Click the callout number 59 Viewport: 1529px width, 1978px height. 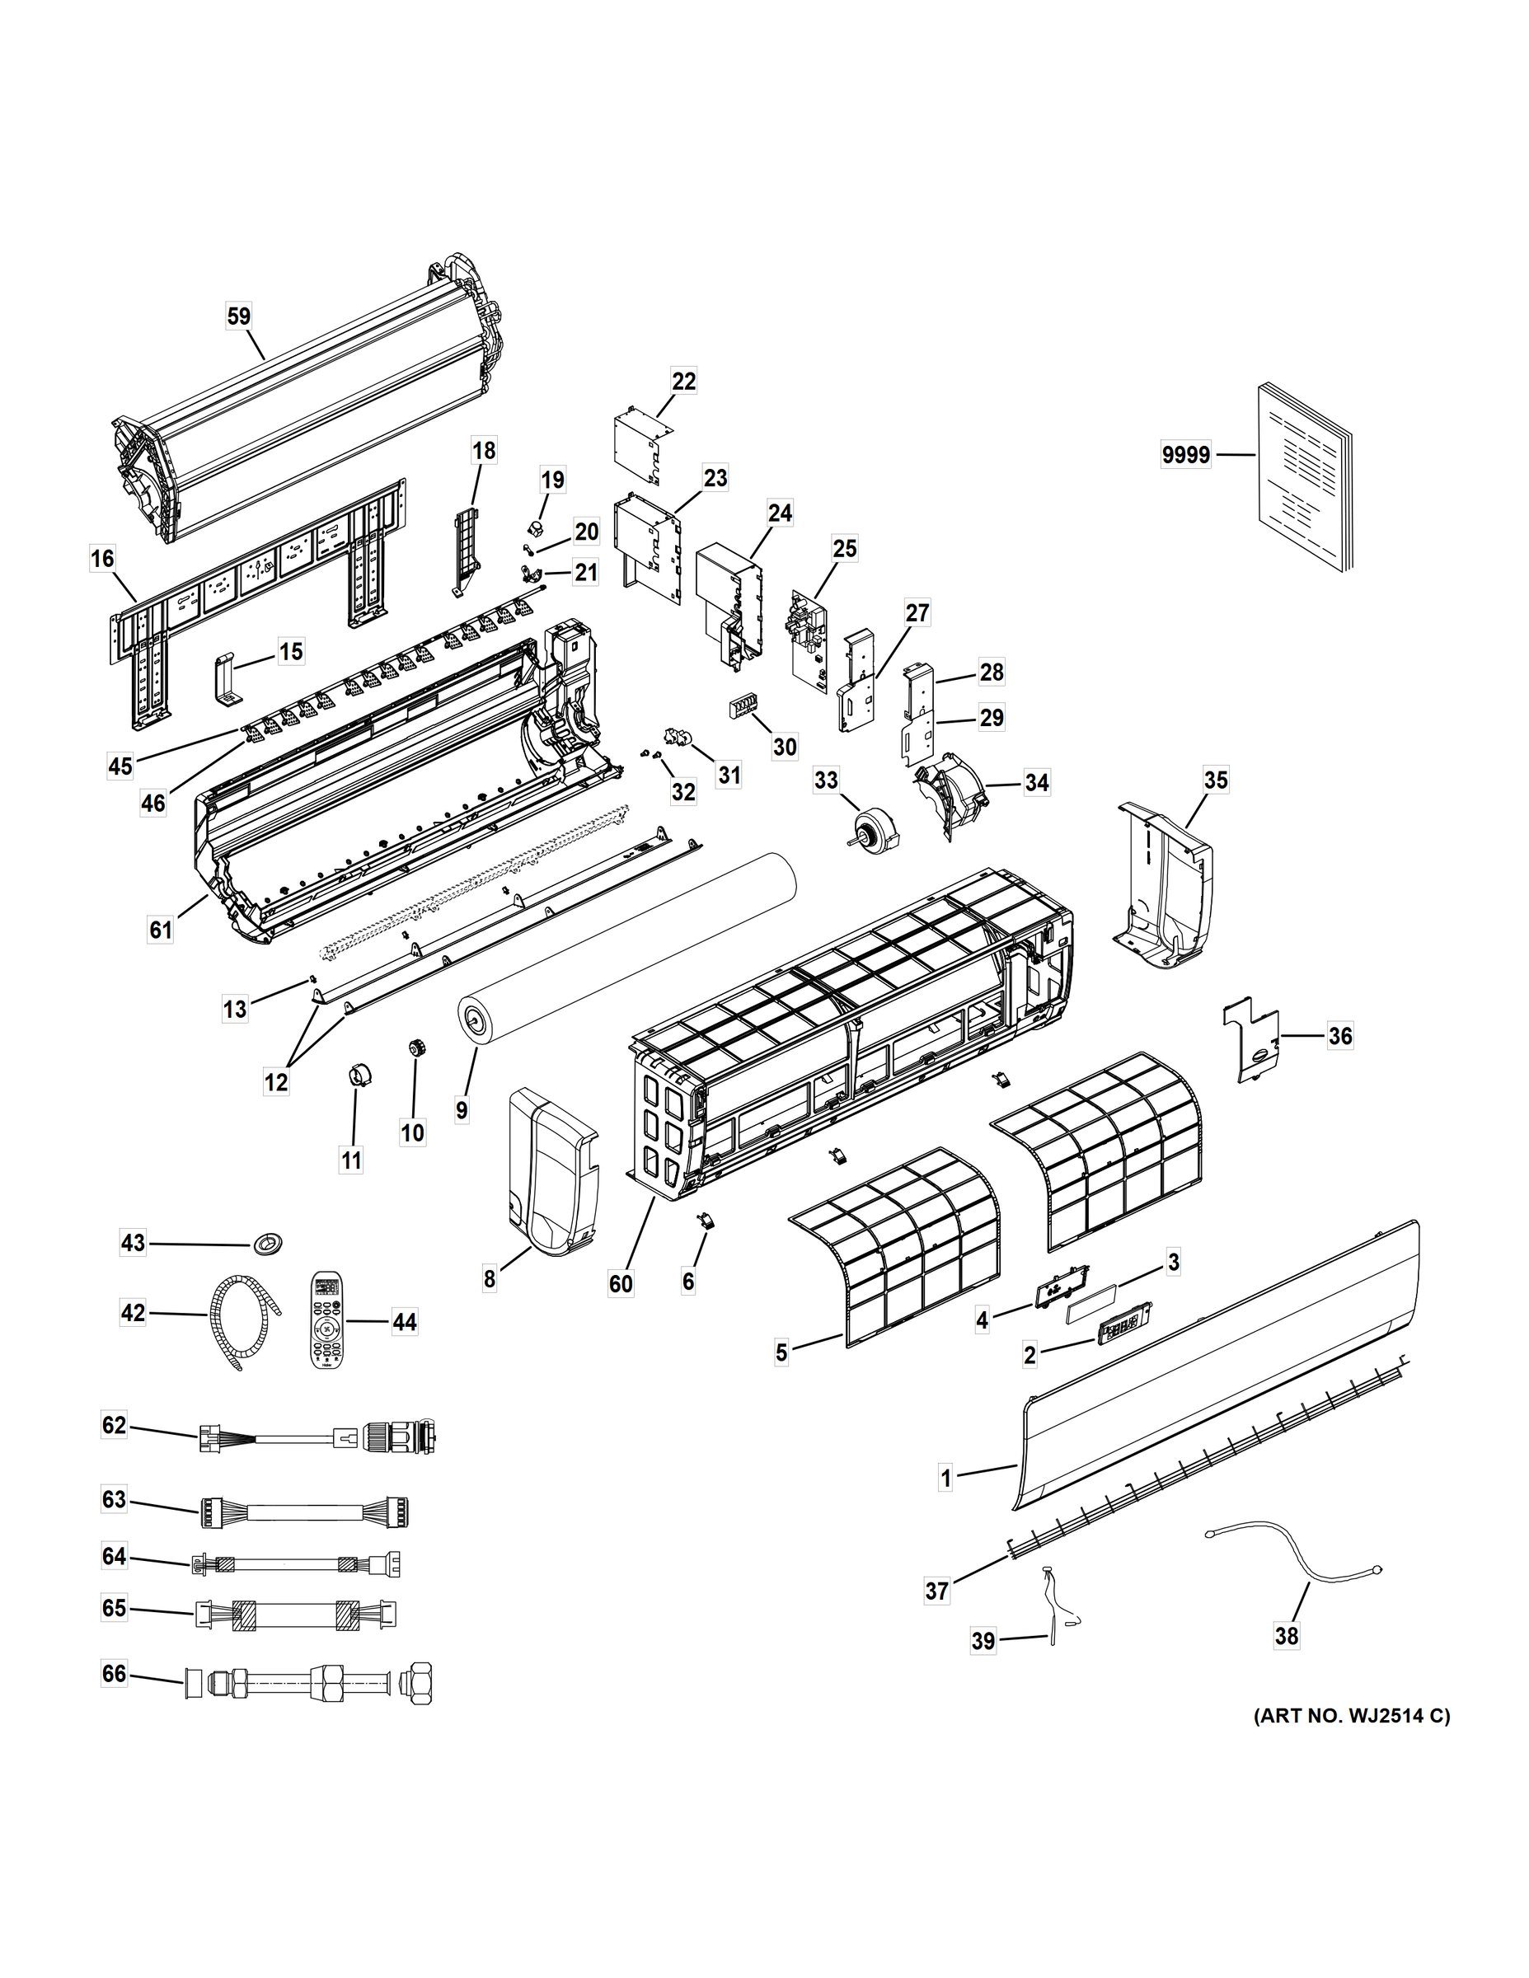(x=238, y=316)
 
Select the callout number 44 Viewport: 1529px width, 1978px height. (x=404, y=1321)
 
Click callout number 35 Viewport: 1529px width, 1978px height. (x=1216, y=780)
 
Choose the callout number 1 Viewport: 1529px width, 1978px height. (x=945, y=1479)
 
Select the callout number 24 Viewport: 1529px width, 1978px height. (x=779, y=513)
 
